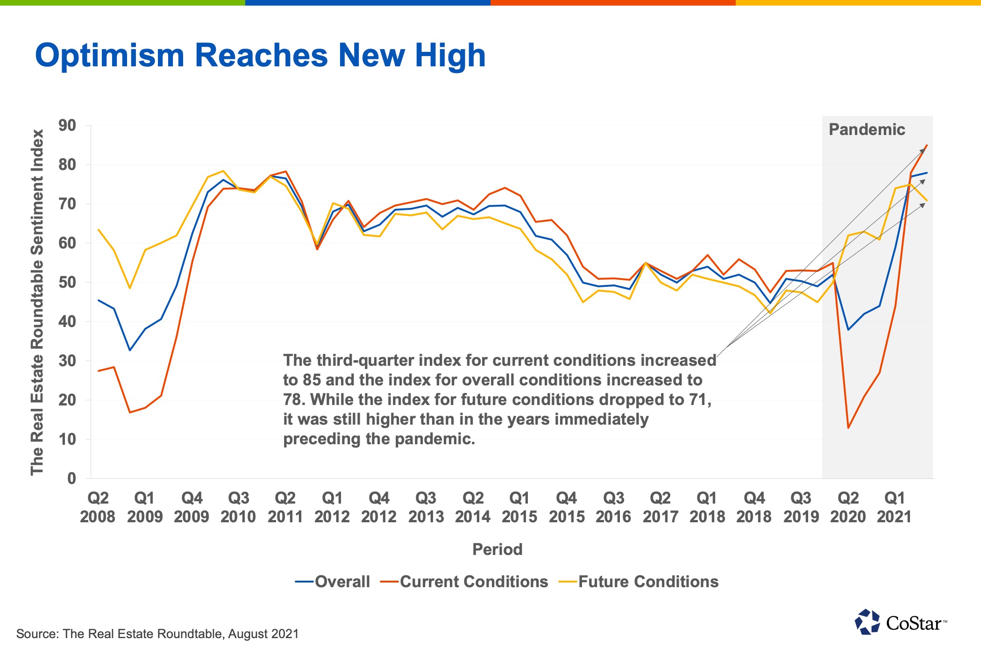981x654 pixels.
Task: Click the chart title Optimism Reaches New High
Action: click(260, 56)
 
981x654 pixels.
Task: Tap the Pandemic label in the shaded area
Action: click(867, 129)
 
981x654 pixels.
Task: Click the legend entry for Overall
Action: click(333, 582)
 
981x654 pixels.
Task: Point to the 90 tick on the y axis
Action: click(67, 125)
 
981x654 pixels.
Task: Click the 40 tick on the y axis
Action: click(67, 321)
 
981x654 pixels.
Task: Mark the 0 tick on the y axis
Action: click(71, 478)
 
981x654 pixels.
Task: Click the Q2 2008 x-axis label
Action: click(98, 507)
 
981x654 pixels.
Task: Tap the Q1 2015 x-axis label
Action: click(519, 507)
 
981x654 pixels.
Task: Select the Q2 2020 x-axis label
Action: click(848, 507)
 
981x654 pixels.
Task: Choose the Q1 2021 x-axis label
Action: click(895, 507)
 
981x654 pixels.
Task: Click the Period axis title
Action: click(497, 549)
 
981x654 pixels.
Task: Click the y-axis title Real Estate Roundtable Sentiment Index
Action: click(37, 302)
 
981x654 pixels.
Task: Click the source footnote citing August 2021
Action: click(157, 634)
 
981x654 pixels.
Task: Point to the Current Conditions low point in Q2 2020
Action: click(848, 427)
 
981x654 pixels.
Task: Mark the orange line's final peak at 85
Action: click(927, 145)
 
